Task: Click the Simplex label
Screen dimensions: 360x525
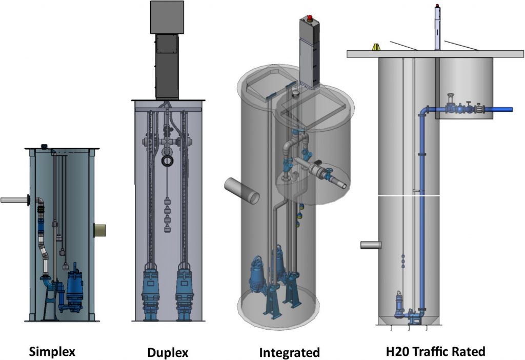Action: click(x=52, y=352)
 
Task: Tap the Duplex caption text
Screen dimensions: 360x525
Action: click(x=168, y=353)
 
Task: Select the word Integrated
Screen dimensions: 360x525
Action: click(x=289, y=353)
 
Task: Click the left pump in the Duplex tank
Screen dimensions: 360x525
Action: click(x=152, y=292)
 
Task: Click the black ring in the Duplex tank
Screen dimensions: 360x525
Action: click(x=168, y=162)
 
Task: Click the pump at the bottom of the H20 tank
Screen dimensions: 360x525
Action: click(x=398, y=305)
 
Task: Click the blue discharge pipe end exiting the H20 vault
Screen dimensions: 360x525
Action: click(x=505, y=109)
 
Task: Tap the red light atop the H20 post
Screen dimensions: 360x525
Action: click(x=437, y=7)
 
